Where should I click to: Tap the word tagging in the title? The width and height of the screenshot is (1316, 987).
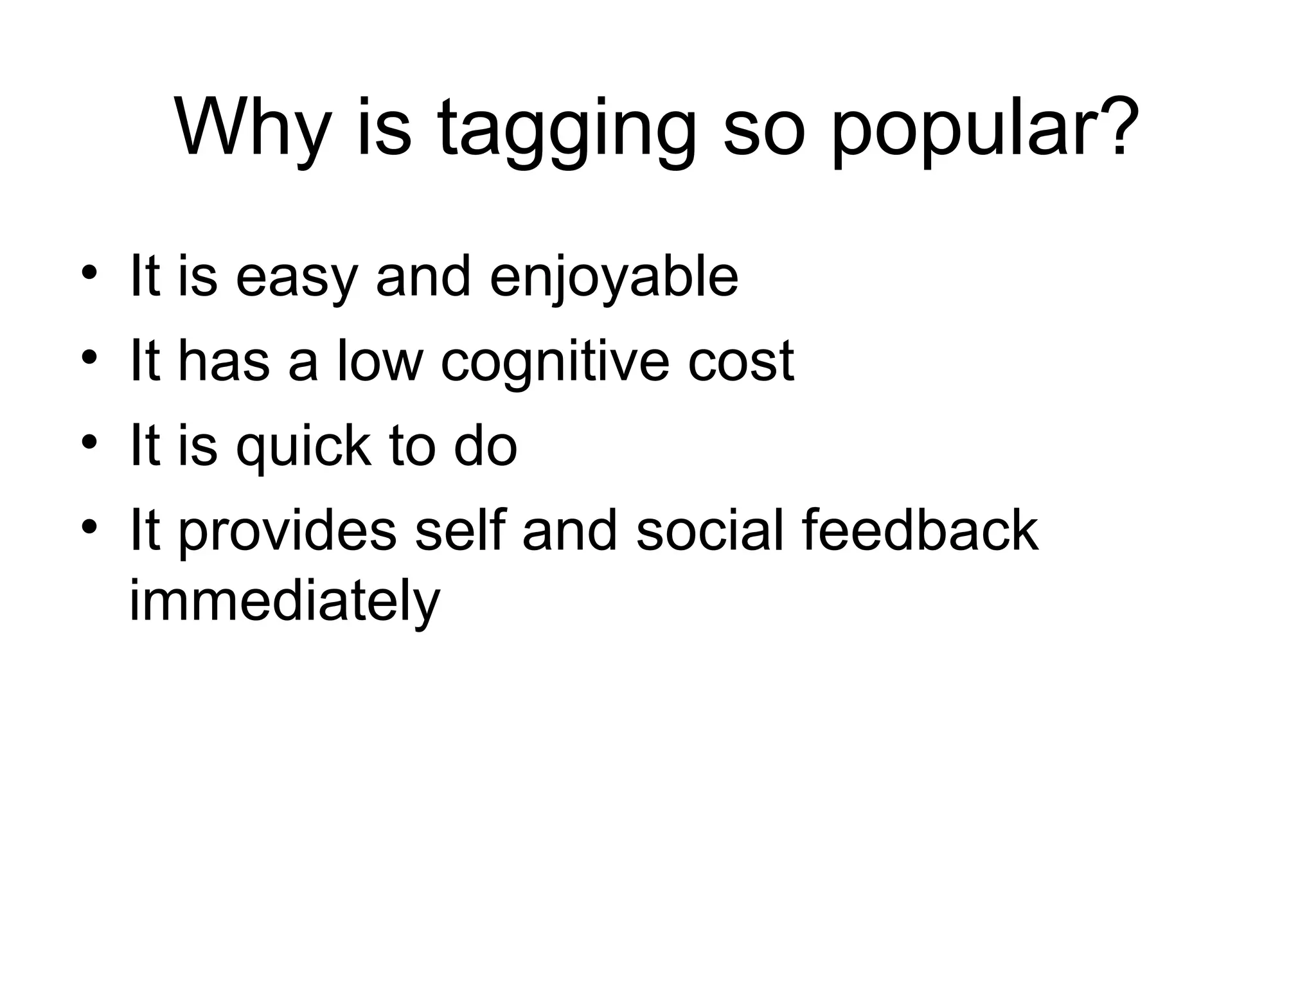pos(566,132)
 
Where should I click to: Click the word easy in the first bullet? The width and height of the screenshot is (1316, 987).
pos(296,280)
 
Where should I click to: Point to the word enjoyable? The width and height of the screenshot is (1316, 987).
pos(614,280)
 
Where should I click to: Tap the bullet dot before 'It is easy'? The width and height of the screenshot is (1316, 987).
pos(89,272)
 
